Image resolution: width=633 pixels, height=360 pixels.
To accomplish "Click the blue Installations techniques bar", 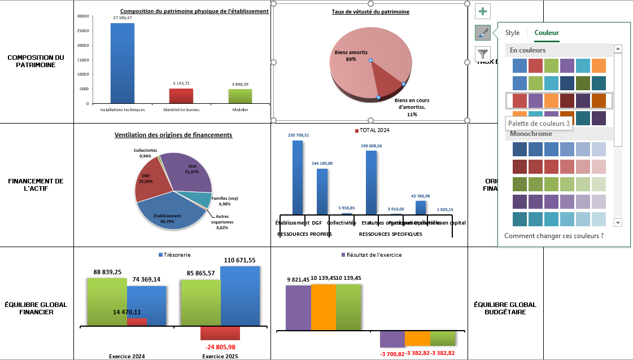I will click(122, 63).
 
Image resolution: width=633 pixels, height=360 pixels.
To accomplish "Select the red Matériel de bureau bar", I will click(181, 96).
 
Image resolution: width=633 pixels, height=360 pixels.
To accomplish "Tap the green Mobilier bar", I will click(240, 96).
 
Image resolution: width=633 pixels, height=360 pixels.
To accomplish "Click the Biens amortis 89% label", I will click(346, 55).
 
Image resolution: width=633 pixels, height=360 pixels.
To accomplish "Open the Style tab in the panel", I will click(512, 33).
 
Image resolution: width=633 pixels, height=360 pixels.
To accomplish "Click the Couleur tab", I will click(547, 33).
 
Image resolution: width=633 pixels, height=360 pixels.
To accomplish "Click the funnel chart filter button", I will click(483, 54).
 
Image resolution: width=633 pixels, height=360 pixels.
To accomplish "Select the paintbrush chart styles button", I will click(483, 33).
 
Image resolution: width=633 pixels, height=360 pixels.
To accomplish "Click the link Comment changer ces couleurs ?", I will click(554, 235).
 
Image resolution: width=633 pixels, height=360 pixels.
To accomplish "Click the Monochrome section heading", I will click(531, 134).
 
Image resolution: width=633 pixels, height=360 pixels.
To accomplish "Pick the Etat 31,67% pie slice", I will click(189, 172).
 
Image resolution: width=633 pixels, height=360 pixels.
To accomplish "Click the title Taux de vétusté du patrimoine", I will click(370, 11).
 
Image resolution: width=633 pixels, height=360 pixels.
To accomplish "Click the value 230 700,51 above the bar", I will click(298, 135).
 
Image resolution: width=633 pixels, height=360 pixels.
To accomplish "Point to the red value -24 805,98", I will click(220, 347).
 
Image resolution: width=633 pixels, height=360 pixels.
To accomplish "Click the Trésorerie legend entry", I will click(175, 255).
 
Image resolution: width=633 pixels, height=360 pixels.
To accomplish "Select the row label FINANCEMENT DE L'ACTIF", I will click(36, 185).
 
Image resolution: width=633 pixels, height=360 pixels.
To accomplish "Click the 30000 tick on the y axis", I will click(82, 16).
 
